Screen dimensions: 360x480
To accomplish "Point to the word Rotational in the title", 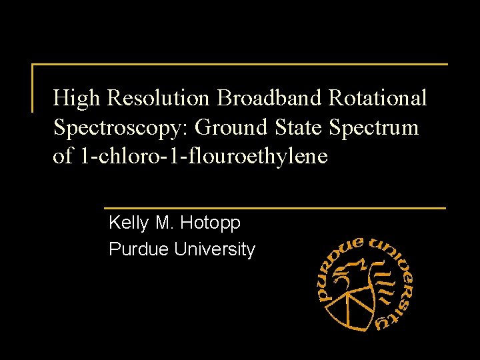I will tap(378, 99).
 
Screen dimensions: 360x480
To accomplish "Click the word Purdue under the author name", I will tap(139, 249).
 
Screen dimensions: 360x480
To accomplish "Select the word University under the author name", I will tap(215, 250).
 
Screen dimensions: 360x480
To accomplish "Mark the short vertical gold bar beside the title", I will tap(33, 87).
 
